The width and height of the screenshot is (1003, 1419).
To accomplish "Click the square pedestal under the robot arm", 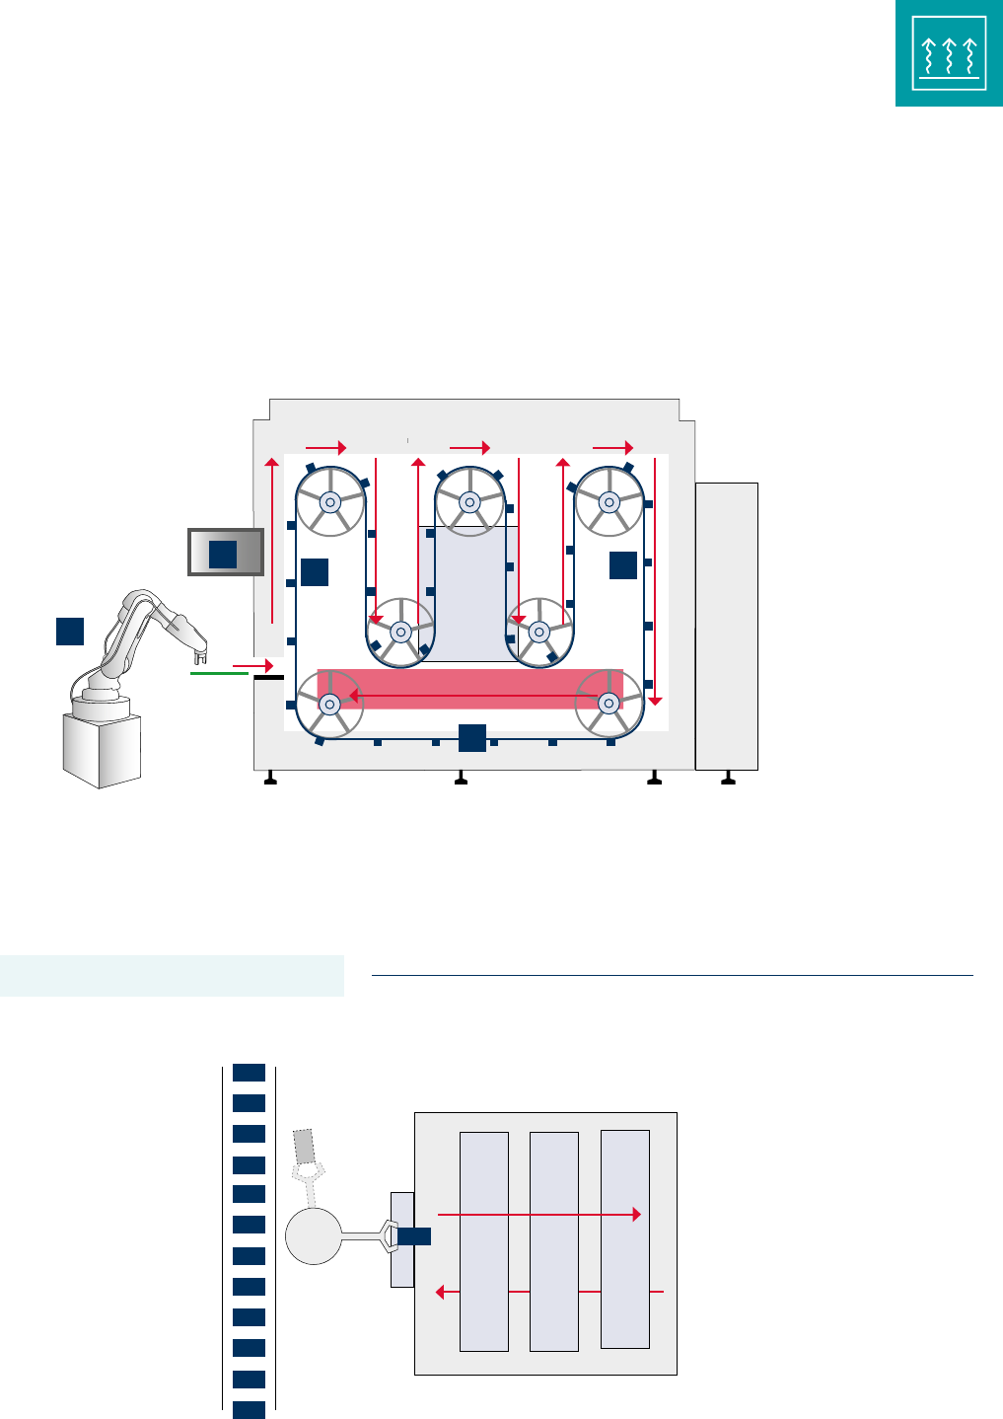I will point(101,746).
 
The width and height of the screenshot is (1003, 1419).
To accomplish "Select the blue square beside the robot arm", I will point(69,631).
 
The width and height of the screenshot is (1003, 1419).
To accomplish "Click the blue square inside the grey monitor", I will point(223,554).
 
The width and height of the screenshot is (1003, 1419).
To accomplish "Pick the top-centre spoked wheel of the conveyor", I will point(470,501).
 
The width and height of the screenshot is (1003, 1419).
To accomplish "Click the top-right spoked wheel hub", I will point(609,501).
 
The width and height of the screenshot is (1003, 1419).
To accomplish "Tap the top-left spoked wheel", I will point(330,501).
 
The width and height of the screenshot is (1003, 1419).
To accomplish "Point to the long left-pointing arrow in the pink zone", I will point(473,695).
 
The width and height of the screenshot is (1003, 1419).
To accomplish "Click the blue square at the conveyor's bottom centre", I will point(472,737).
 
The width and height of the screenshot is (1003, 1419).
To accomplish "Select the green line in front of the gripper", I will point(219,673).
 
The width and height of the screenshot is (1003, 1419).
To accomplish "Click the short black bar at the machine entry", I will point(268,678).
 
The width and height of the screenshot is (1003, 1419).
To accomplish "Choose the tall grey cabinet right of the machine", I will point(726,626).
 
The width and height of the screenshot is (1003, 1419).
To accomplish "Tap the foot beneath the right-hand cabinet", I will point(728,780).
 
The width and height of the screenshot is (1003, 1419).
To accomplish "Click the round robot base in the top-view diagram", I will point(313,1235).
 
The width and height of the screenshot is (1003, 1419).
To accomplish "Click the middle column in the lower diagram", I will point(553,1240).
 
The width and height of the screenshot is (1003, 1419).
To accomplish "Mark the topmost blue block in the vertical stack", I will point(249,1072).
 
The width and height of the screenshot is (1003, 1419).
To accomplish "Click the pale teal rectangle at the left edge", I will point(172,976).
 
